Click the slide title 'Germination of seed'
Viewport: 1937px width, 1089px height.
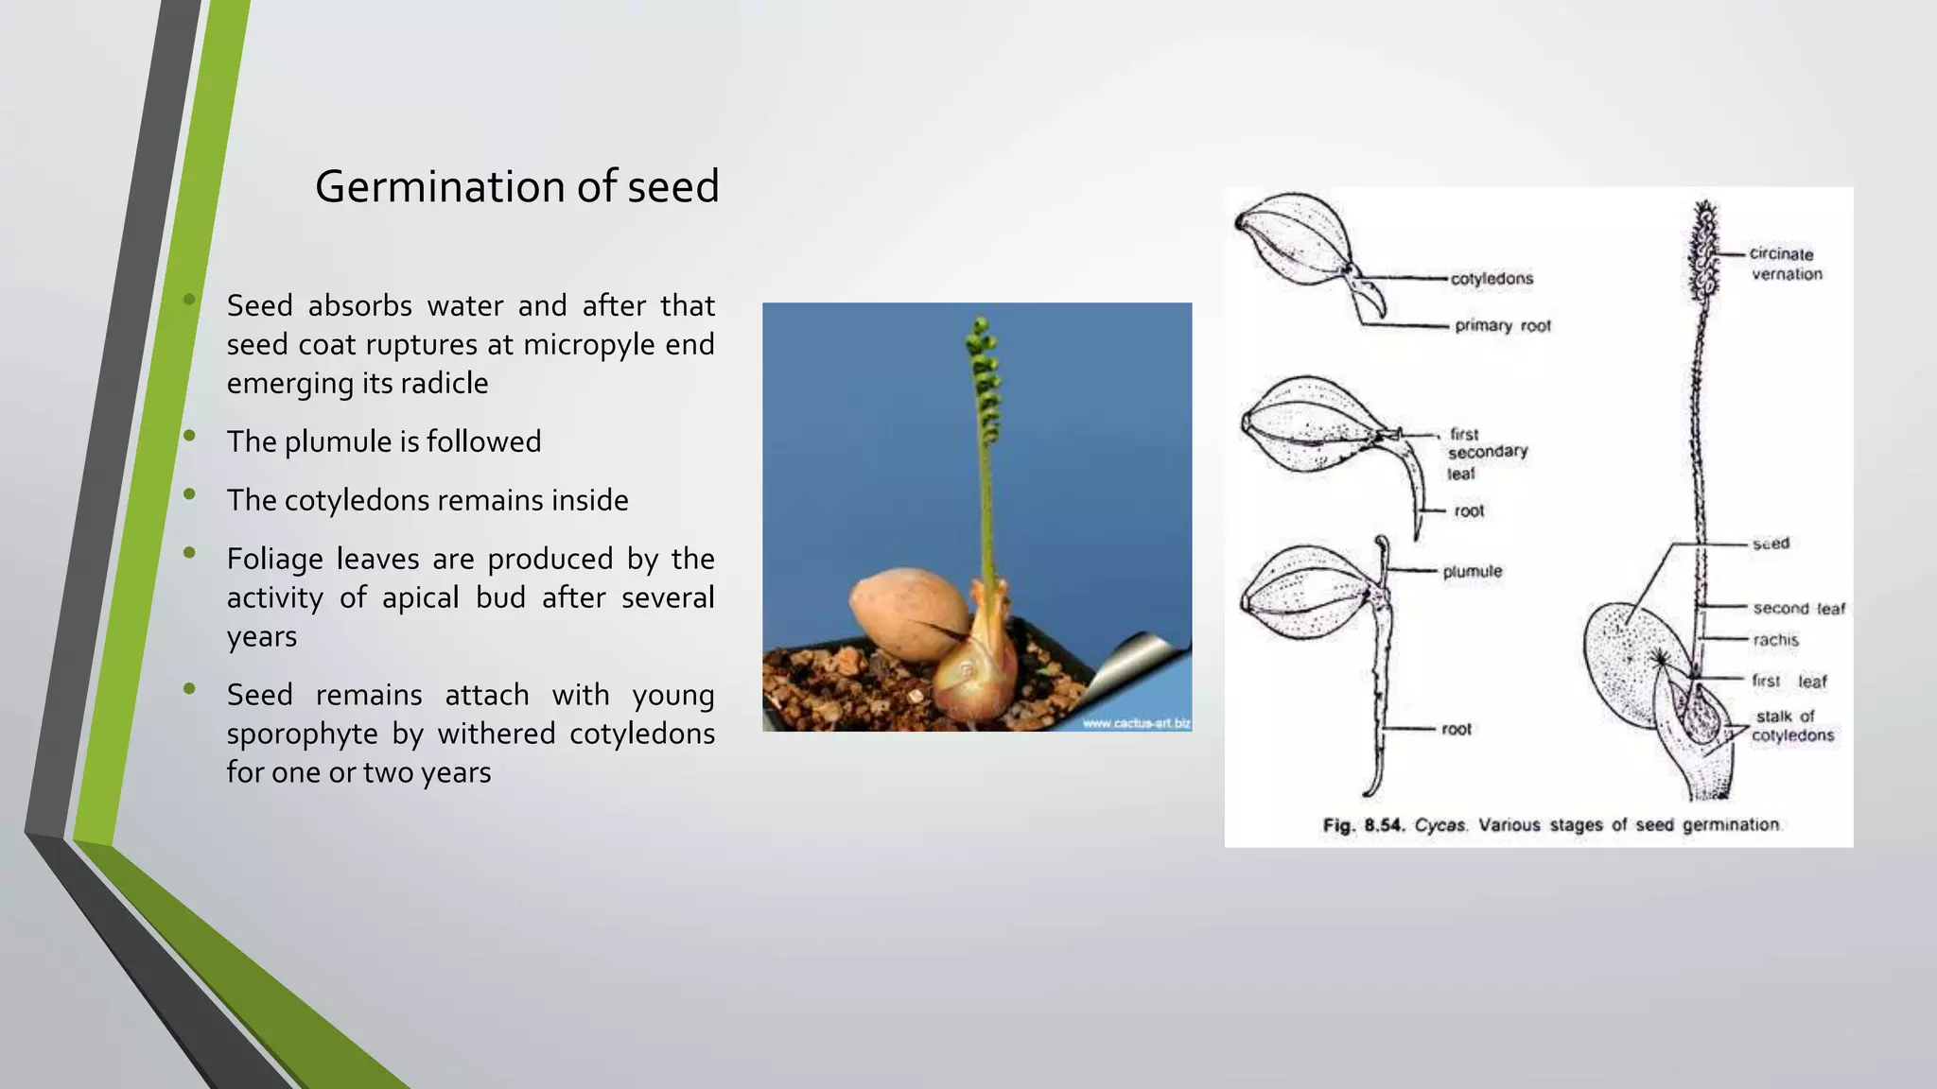click(x=516, y=186)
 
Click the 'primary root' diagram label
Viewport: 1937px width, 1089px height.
click(x=1502, y=326)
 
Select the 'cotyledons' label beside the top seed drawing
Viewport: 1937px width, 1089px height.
click(x=1492, y=279)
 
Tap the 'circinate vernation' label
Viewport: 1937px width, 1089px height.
click(x=1785, y=264)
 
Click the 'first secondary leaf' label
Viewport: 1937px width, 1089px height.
click(x=1486, y=453)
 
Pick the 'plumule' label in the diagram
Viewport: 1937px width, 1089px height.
click(x=1472, y=572)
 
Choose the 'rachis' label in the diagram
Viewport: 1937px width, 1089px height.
click(x=1774, y=640)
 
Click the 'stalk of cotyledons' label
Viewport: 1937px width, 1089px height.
click(x=1790, y=726)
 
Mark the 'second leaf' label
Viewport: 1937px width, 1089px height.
click(x=1798, y=609)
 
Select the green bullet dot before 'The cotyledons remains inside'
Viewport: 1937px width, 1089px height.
click(x=189, y=493)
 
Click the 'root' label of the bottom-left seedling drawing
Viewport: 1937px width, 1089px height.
click(x=1456, y=730)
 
